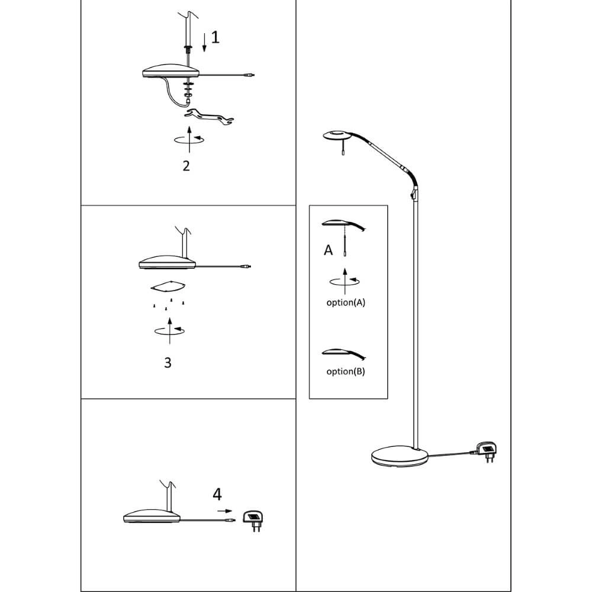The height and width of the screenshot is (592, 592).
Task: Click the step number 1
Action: (x=215, y=38)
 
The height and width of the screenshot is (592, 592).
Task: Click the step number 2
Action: (x=186, y=166)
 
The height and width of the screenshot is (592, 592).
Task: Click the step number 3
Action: (x=168, y=362)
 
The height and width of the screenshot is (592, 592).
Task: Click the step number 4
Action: (x=217, y=494)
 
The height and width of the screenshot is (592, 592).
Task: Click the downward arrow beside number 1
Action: (x=204, y=43)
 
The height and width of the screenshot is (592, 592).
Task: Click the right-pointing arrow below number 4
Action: (x=224, y=510)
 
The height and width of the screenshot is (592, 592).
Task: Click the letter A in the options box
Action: (x=329, y=250)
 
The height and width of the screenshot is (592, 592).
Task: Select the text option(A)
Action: (x=346, y=302)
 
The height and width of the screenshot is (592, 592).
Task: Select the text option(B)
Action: (x=346, y=372)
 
